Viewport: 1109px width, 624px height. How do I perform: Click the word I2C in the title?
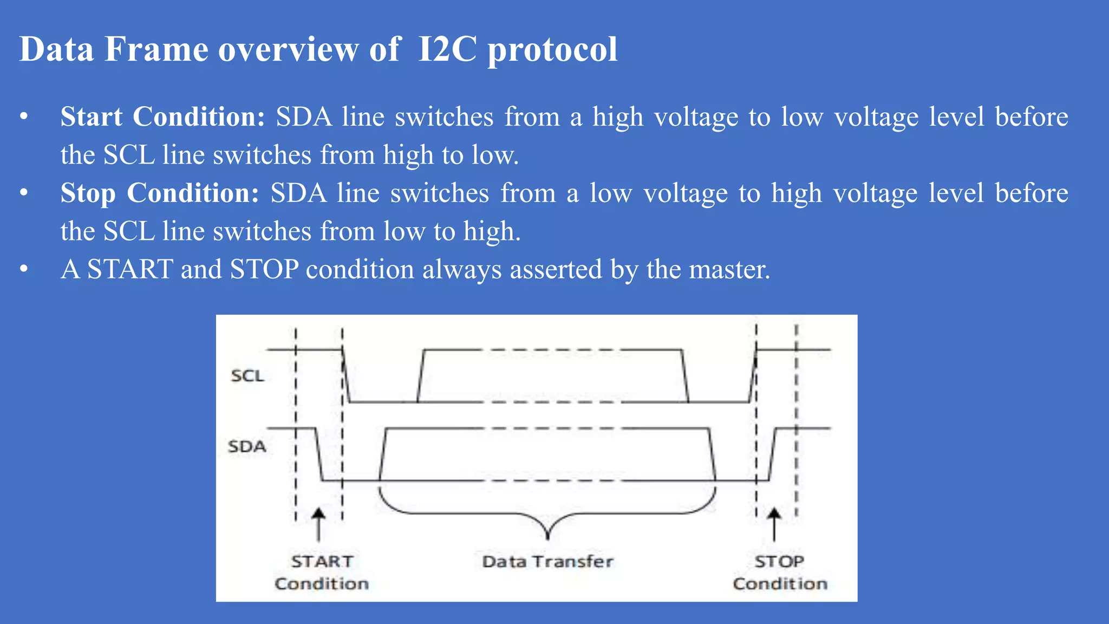click(447, 49)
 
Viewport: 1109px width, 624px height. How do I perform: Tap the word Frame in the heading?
click(156, 49)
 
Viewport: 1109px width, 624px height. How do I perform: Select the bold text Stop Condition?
click(160, 193)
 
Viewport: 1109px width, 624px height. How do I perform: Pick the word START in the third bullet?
click(130, 269)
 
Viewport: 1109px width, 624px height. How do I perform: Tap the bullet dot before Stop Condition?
click(23, 193)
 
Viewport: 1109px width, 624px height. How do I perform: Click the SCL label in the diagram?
click(247, 375)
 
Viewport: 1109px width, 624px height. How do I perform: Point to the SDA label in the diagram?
click(247, 446)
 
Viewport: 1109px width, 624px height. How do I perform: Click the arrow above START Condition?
click(318, 524)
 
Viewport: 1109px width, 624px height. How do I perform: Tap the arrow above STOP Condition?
click(774, 524)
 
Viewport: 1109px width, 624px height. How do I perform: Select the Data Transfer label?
click(547, 561)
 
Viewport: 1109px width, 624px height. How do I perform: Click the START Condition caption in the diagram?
click(322, 573)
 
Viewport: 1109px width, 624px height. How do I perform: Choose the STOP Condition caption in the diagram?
click(780, 573)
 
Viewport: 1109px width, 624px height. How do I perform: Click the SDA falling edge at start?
click(319, 454)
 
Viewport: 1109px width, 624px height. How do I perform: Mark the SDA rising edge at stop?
click(772, 454)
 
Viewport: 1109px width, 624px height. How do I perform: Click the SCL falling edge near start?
click(346, 376)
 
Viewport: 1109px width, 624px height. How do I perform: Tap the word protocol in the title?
click(552, 49)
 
